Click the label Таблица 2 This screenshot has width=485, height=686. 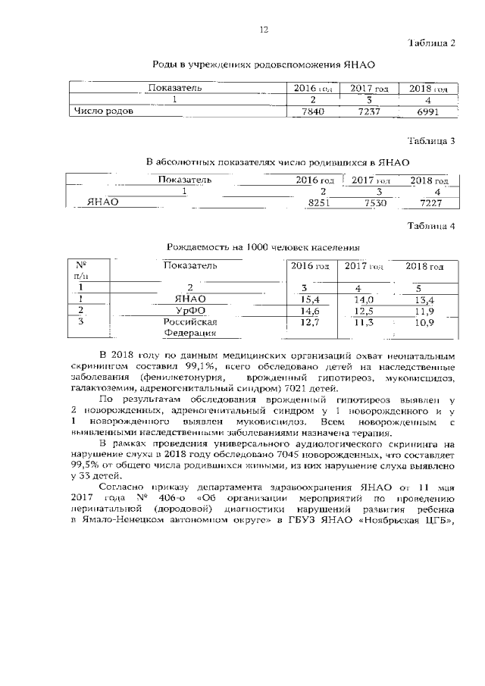coord(431,42)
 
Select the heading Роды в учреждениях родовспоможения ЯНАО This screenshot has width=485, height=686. coord(264,66)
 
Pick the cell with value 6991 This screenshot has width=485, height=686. coord(424,111)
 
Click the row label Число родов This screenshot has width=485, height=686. coord(104,111)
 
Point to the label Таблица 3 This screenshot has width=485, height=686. coord(431,140)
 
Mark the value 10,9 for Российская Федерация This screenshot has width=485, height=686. coord(421,323)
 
